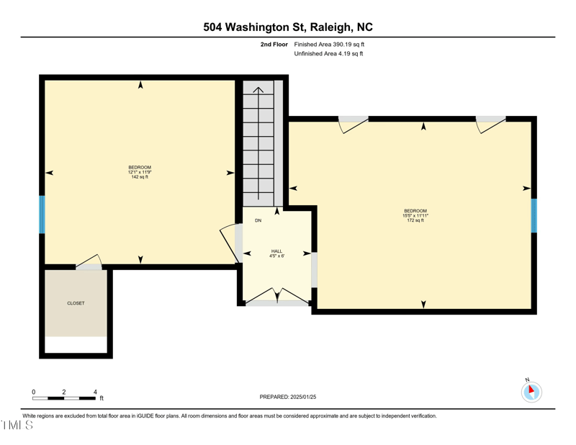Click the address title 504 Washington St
[x=288, y=27]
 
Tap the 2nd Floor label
[x=274, y=45]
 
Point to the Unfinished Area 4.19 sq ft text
[x=328, y=54]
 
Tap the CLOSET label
[x=76, y=303]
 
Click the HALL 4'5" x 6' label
[x=277, y=253]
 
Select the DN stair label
[x=258, y=220]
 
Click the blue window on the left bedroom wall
[x=42, y=215]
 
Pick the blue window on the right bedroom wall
[x=534, y=216]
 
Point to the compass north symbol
[x=531, y=391]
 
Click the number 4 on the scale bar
[x=95, y=392]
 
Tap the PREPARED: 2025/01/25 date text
[x=288, y=397]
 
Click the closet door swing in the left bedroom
[x=89, y=262]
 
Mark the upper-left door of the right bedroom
[x=354, y=125]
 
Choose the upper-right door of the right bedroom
[x=490, y=125]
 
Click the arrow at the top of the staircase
[x=258, y=90]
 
